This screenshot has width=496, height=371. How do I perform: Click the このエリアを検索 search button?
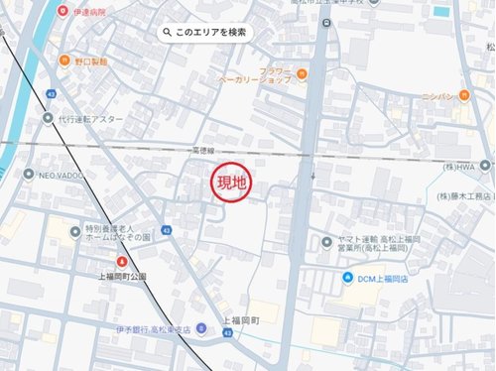click(x=206, y=33)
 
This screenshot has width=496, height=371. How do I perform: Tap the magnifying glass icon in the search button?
click(x=170, y=33)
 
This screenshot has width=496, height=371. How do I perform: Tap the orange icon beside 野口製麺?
click(x=64, y=61)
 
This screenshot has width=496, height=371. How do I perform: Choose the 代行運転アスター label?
click(x=89, y=118)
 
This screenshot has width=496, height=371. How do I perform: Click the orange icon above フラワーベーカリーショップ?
click(x=302, y=70)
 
